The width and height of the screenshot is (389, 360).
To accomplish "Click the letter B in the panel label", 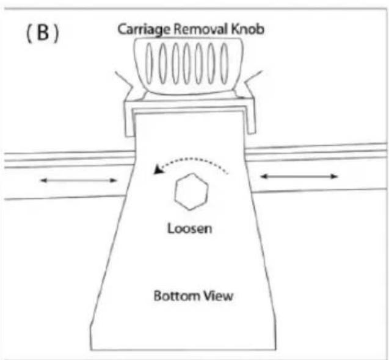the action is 43,33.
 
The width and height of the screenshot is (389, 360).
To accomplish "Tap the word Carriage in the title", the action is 144,30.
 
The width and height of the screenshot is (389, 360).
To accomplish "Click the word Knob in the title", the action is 247,29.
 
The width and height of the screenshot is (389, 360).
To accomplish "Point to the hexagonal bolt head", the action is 191,192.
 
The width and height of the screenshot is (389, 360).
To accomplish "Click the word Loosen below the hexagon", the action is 190,228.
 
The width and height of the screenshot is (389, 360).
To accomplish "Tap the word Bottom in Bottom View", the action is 176,295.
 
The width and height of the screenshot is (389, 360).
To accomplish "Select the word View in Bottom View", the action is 218,295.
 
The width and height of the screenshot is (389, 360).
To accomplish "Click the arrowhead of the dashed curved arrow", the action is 157,170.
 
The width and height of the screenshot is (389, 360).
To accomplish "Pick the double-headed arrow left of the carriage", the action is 78,180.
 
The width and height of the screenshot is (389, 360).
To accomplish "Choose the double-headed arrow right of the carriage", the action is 299,176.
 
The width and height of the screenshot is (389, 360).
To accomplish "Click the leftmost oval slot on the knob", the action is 149,63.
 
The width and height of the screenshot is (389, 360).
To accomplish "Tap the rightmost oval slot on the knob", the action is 224,63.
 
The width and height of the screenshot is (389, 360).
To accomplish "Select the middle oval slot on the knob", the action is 187,63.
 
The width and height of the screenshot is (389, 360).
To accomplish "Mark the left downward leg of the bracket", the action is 129,121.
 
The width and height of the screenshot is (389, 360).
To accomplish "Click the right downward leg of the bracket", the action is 250,119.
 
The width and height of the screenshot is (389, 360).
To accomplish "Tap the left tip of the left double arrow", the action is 40,180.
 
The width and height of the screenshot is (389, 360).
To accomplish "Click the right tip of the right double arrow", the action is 338,176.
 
